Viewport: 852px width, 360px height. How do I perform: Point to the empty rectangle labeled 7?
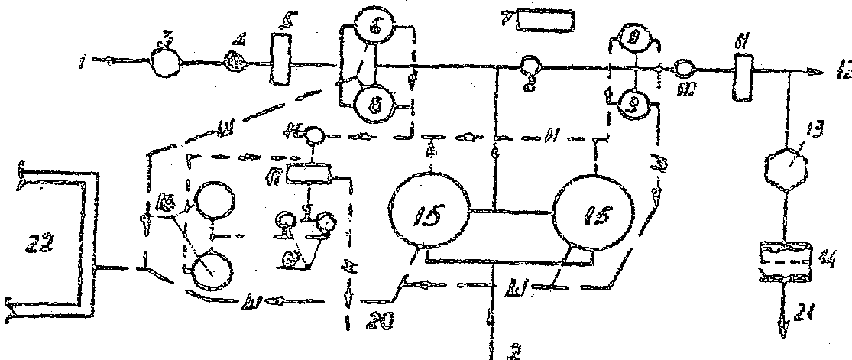pyautogui.click(x=544, y=19)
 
